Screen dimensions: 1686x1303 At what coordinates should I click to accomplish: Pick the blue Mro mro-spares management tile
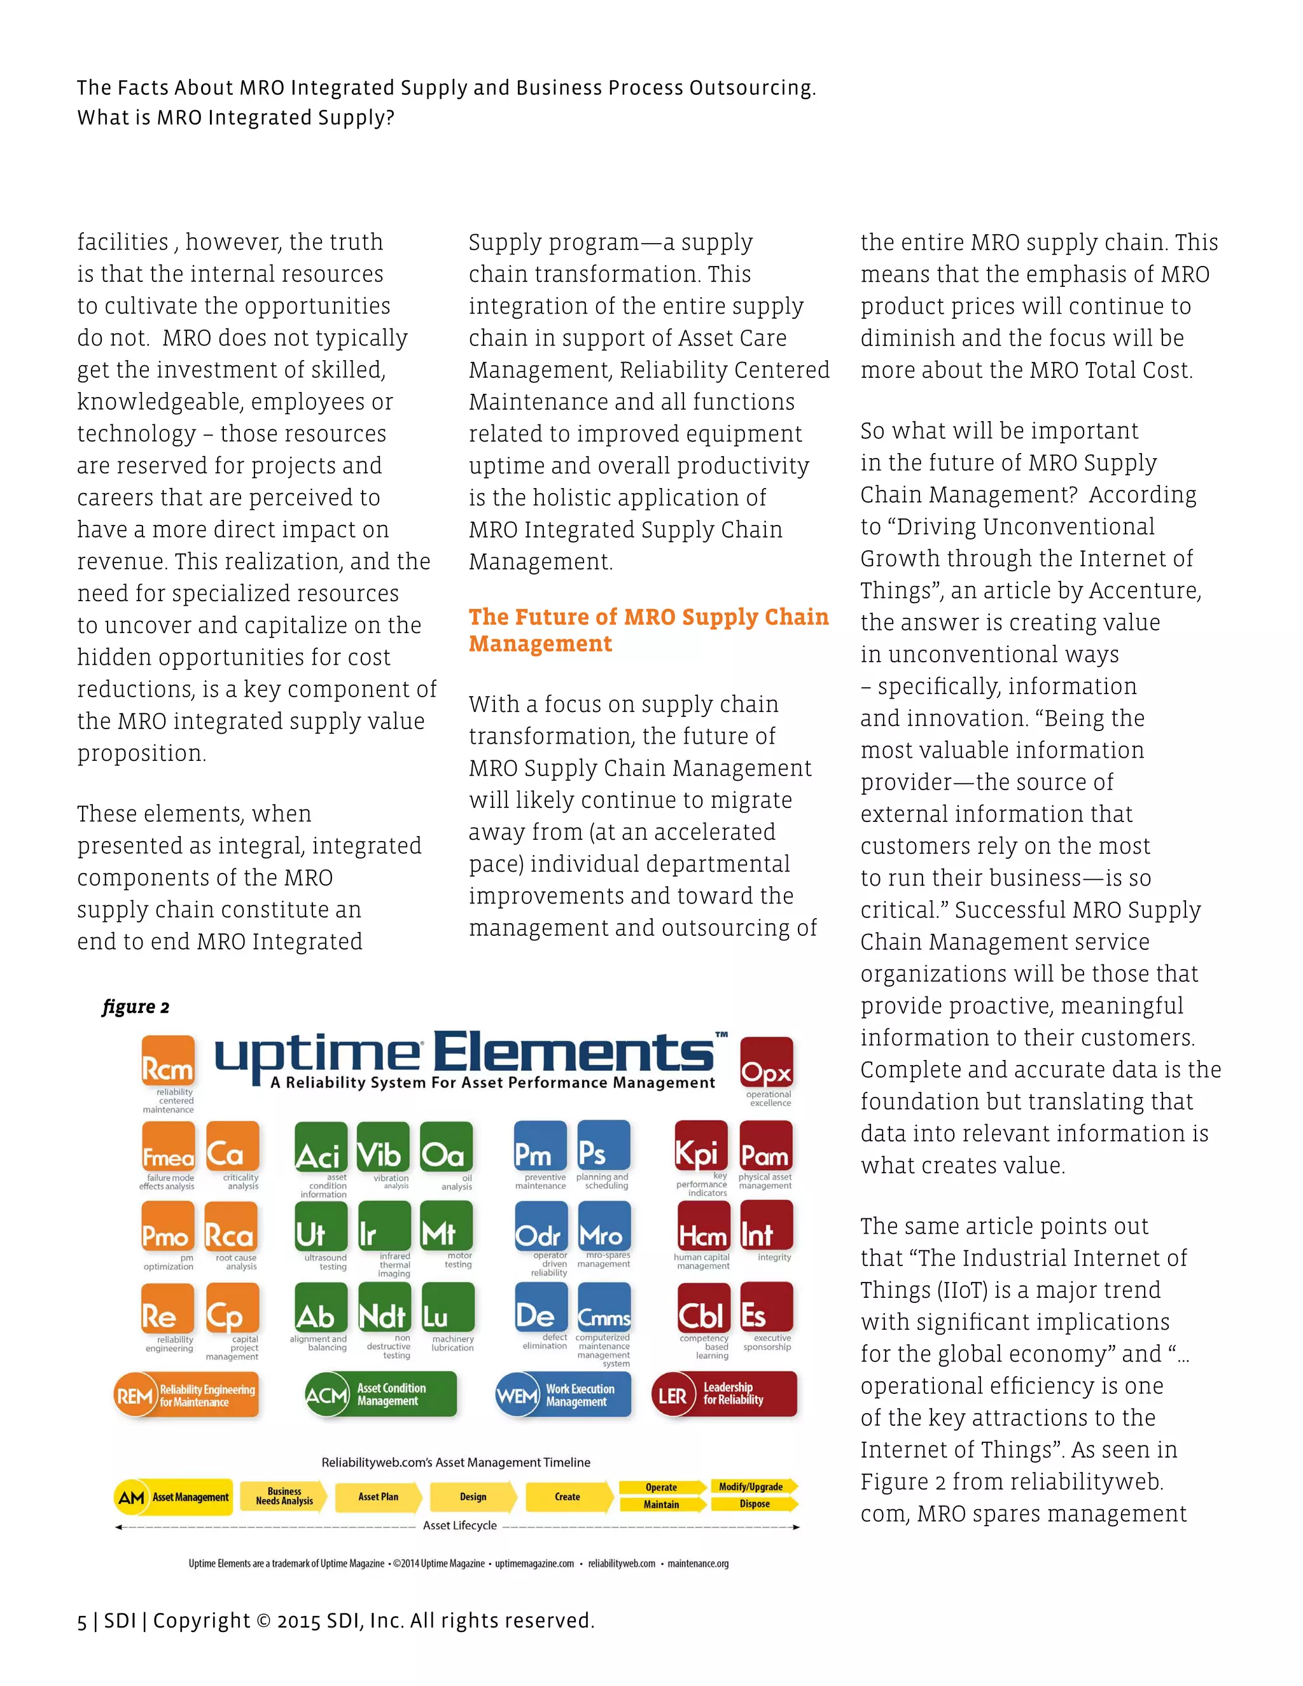pyautogui.click(x=604, y=1227)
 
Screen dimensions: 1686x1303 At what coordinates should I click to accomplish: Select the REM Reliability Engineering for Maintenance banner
pyautogui.click(x=187, y=1395)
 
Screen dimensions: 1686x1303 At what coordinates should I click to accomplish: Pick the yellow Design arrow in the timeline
pyautogui.click(x=473, y=1497)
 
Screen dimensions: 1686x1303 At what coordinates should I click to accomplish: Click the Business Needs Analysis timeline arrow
pyautogui.click(x=283, y=1497)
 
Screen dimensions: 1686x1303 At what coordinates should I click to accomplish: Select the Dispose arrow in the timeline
pyautogui.click(x=754, y=1505)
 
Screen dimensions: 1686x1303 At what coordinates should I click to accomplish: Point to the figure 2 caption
pyautogui.click(x=136, y=1007)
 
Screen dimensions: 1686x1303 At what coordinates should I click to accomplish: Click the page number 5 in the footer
pyautogui.click(x=82, y=1622)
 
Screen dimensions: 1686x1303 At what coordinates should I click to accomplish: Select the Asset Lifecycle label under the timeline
pyautogui.click(x=459, y=1526)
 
